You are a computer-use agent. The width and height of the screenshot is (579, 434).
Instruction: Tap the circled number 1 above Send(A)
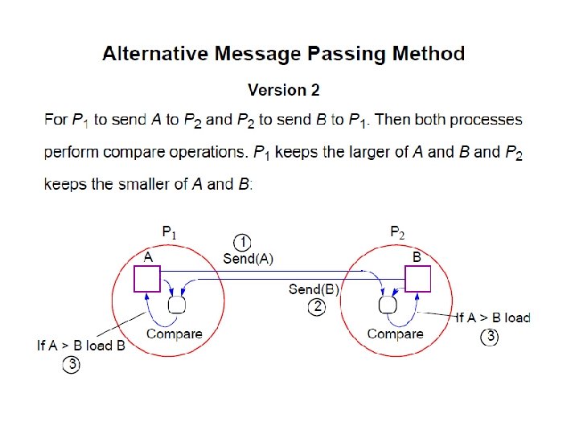pos(242,241)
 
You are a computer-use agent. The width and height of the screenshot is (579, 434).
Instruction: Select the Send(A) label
pos(248,258)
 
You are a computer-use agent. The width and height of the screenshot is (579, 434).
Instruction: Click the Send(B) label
pos(314,289)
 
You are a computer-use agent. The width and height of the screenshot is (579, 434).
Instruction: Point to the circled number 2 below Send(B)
pos(317,306)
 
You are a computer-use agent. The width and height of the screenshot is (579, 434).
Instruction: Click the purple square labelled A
pos(147,278)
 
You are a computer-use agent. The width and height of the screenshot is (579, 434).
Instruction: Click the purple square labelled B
pos(417,278)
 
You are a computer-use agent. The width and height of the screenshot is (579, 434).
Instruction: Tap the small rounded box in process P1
pos(177,305)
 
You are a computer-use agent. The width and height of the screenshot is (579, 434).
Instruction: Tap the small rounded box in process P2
pos(388,305)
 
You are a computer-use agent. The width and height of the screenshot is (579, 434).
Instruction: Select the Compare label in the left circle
pos(174,334)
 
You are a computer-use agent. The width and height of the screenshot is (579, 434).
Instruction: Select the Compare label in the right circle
pos(395,334)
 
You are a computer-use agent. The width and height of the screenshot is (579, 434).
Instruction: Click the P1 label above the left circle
pos(169,233)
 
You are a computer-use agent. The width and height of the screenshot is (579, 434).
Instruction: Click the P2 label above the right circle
pos(397,233)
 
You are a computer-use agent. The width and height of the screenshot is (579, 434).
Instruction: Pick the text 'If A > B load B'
pos(81,346)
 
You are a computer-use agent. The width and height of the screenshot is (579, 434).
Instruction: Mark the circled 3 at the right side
pos(489,338)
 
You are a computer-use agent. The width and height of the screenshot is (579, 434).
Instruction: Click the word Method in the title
pos(428,55)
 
